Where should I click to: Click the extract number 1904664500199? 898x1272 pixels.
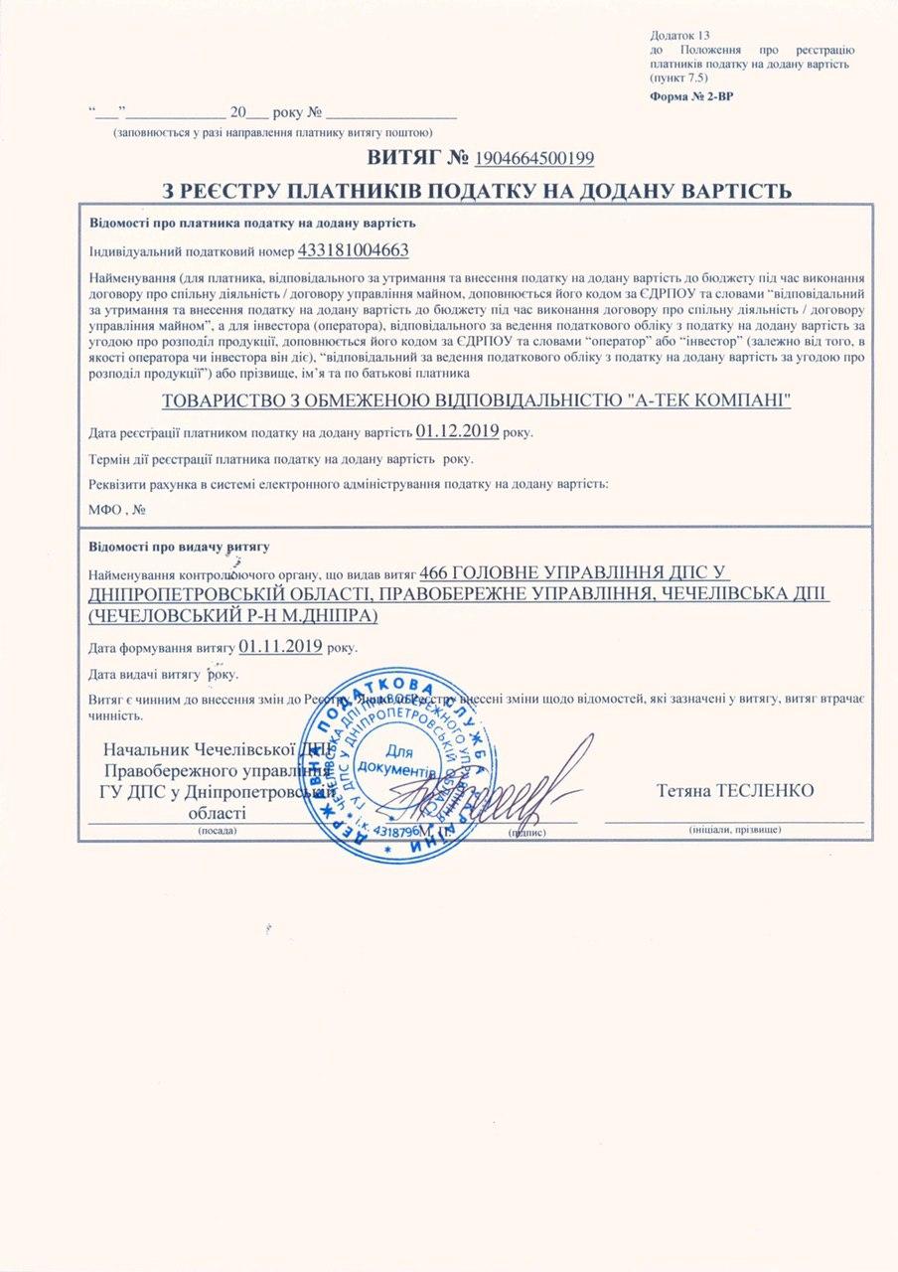tap(535, 158)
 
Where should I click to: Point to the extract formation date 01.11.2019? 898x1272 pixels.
tap(279, 646)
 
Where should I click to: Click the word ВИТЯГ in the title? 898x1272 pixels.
tap(403, 158)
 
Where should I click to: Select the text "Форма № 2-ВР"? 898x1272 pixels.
tap(691, 96)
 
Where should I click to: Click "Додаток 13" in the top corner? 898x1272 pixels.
tap(679, 35)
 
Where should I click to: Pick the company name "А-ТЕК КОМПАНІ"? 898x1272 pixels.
tap(714, 401)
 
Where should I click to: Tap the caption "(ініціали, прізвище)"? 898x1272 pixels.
tap(734, 829)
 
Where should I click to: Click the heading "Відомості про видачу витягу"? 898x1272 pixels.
tap(179, 548)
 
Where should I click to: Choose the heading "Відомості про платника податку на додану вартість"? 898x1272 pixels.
tap(252, 223)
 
